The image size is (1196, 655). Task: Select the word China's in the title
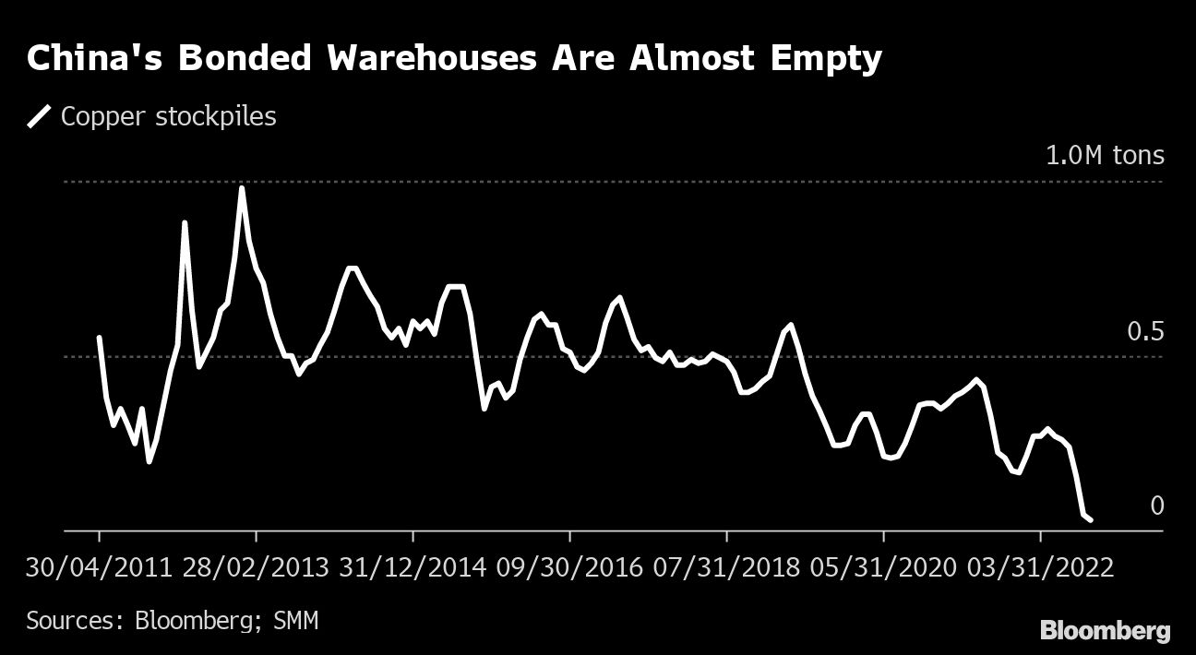(x=95, y=59)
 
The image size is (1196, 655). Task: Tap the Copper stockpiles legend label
(x=168, y=117)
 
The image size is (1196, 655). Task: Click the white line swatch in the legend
(x=41, y=117)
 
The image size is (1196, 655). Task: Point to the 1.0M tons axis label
(x=1105, y=155)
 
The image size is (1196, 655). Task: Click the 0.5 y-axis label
(x=1145, y=331)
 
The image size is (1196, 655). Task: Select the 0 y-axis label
(x=1156, y=506)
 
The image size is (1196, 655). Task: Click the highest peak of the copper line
(x=242, y=188)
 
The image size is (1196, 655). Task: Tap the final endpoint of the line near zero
(x=1091, y=520)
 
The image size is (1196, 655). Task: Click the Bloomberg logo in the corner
(x=1105, y=631)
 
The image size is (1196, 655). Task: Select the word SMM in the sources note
(x=295, y=620)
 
